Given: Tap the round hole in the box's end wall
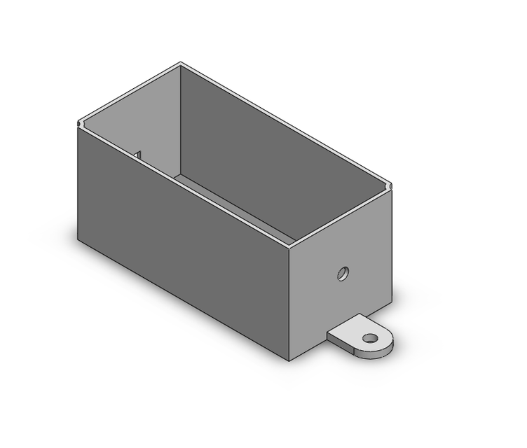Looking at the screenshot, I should (x=343, y=272).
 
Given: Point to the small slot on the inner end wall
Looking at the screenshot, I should (x=139, y=153).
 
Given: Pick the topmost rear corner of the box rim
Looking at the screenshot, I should (x=181, y=63).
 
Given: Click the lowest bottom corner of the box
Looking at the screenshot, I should (x=290, y=360).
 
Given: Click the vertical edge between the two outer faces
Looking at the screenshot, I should (x=291, y=301).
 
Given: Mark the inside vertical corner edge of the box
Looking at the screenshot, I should (x=182, y=119).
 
